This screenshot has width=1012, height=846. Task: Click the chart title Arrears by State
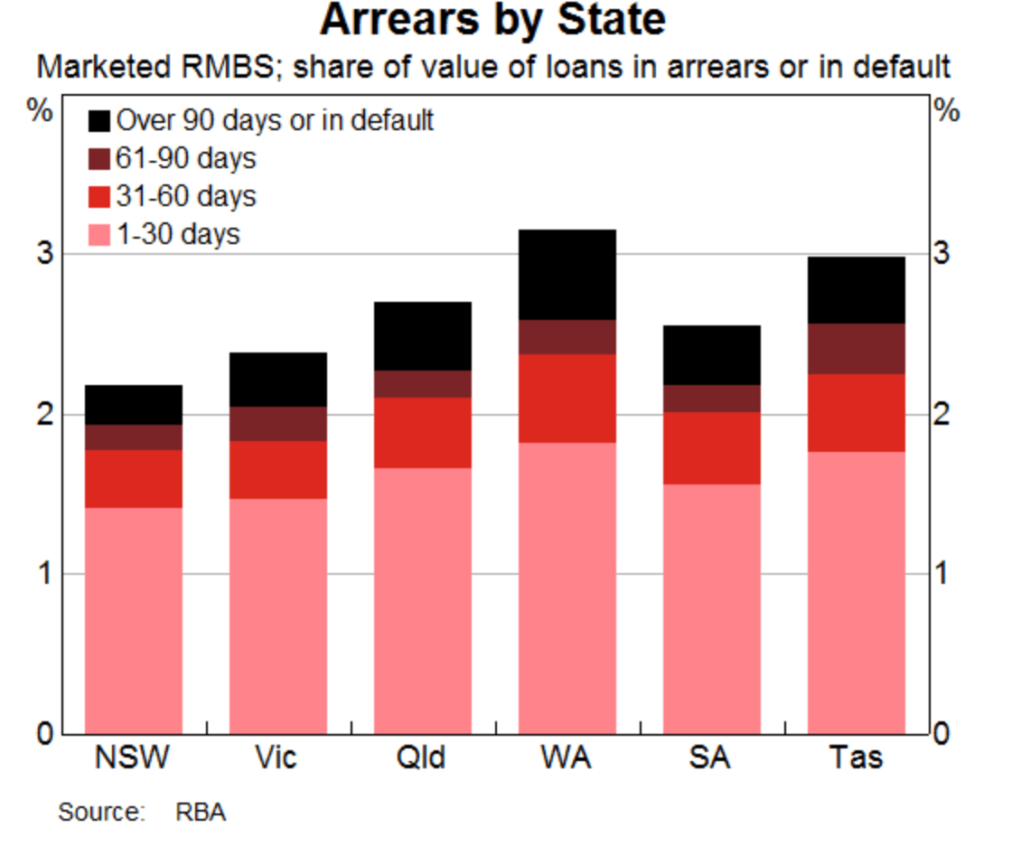[492, 20]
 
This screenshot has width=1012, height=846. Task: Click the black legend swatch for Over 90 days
[99, 120]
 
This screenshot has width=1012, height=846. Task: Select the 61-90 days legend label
[185, 158]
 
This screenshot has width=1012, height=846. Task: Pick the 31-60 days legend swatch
[99, 196]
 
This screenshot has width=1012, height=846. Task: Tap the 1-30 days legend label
[177, 234]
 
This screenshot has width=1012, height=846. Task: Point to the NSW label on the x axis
[132, 757]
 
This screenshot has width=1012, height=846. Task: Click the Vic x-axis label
[276, 757]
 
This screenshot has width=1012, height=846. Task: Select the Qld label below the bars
[421, 757]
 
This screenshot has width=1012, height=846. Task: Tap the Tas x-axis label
[856, 757]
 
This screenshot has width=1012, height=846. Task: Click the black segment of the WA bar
[567, 275]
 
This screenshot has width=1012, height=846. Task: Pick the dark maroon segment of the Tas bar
[856, 349]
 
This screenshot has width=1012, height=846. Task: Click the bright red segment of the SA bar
[711, 448]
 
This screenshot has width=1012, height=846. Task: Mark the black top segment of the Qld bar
[422, 336]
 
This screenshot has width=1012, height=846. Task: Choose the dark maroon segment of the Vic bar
[277, 424]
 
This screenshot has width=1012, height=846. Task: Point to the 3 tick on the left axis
[42, 253]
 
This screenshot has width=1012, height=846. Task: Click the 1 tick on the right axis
[942, 574]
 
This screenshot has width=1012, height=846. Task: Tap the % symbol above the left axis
[41, 112]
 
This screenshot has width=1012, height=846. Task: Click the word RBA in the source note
[201, 812]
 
